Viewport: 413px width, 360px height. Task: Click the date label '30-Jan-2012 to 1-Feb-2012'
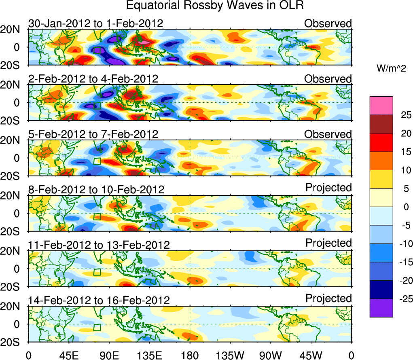tap(95, 23)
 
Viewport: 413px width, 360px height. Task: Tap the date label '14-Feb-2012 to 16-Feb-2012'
tap(99, 301)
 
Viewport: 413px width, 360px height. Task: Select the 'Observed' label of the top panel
tap(328, 23)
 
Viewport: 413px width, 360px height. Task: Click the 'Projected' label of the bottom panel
tap(328, 299)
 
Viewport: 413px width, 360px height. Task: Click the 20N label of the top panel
tap(13, 29)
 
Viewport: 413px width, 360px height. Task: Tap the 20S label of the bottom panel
tap(13, 342)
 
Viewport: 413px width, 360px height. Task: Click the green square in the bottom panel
tap(97, 327)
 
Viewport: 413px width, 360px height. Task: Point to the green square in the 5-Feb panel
tap(97, 161)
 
